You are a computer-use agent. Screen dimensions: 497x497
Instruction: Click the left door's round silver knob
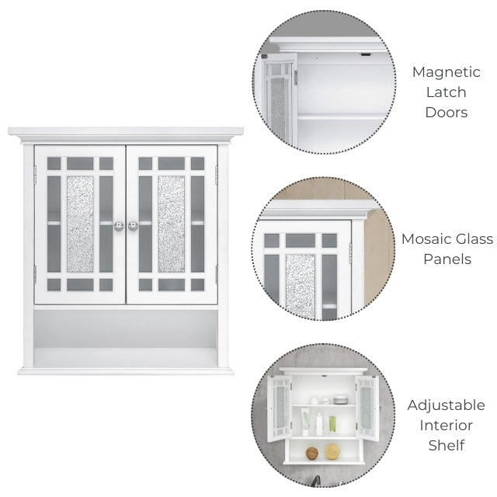[x=119, y=226]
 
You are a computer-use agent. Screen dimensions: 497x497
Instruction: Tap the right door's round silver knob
[x=133, y=226]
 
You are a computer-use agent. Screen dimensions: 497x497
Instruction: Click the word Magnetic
[x=446, y=72]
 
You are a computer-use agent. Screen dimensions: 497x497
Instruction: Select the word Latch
[x=446, y=92]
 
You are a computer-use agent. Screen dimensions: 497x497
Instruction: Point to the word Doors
[x=447, y=113]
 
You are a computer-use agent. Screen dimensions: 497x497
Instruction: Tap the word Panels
[x=447, y=259]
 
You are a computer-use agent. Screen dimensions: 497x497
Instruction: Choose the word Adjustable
[x=446, y=406]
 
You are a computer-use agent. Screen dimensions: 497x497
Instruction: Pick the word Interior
[x=446, y=426]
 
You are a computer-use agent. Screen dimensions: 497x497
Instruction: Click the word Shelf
[x=447, y=445]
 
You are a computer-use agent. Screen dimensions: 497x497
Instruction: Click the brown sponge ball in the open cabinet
[x=312, y=454]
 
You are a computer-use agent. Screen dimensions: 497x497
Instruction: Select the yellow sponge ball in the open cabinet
[x=332, y=452]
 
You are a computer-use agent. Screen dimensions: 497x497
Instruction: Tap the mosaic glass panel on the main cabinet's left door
[x=80, y=224]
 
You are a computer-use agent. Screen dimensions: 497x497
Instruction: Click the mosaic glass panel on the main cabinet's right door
[x=172, y=224]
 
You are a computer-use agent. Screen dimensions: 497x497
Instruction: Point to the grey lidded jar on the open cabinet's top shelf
[x=340, y=399]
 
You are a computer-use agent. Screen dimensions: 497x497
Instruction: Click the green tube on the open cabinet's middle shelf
[x=332, y=425]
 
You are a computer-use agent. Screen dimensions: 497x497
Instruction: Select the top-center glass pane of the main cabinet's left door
[x=80, y=164]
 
